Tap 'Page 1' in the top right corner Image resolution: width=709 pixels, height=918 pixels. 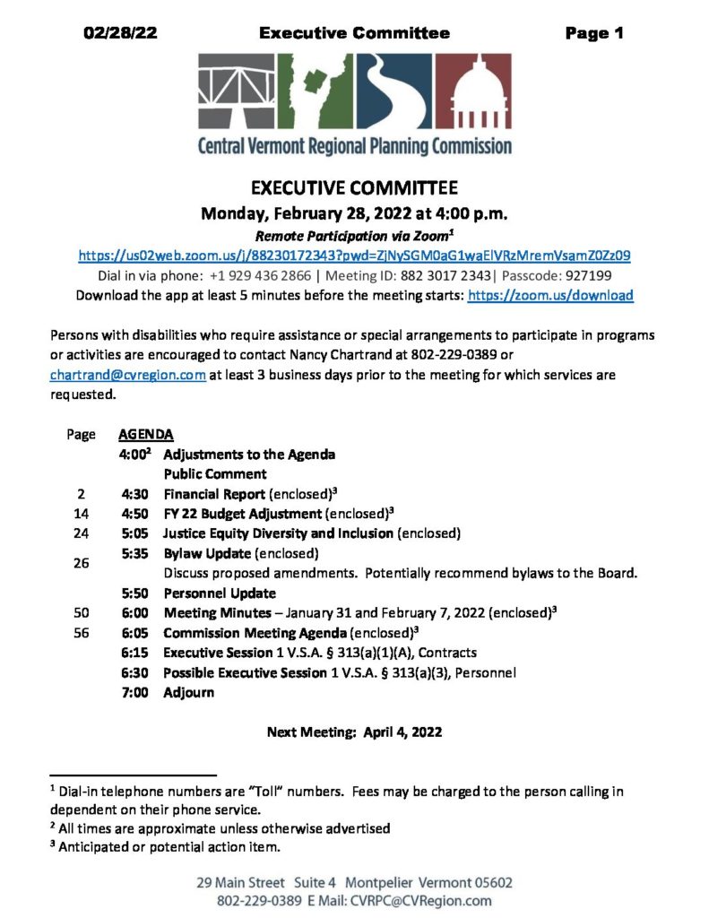(593, 34)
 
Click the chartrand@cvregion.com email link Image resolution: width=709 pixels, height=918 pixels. (128, 376)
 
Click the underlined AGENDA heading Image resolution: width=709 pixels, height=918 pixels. (145, 435)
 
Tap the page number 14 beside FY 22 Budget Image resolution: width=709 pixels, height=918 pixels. (81, 514)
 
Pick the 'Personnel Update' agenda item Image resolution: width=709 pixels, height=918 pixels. (219, 593)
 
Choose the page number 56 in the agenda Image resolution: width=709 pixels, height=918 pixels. (81, 633)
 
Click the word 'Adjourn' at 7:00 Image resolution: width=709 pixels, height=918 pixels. (188, 692)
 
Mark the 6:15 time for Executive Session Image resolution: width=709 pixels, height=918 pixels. (135, 653)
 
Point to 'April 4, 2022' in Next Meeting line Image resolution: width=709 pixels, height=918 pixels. (402, 732)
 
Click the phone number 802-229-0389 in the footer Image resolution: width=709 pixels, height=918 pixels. (261, 901)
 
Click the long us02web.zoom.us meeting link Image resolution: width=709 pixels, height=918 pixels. (354, 255)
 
